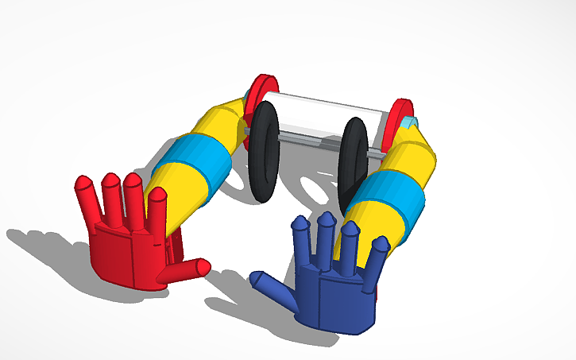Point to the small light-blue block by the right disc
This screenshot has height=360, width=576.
tap(410, 122)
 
